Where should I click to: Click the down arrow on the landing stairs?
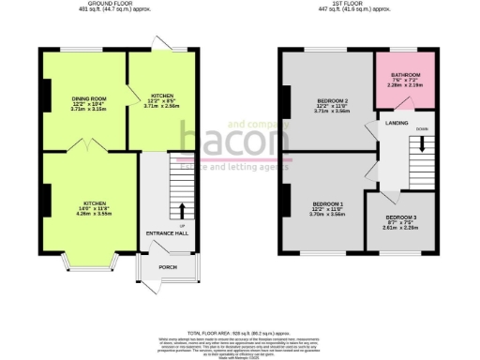click(x=422, y=145)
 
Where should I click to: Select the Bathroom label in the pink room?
click(x=405, y=75)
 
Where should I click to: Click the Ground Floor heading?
click(x=95, y=4)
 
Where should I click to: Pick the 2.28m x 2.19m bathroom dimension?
click(x=405, y=86)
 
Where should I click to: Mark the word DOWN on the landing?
click(x=422, y=129)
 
